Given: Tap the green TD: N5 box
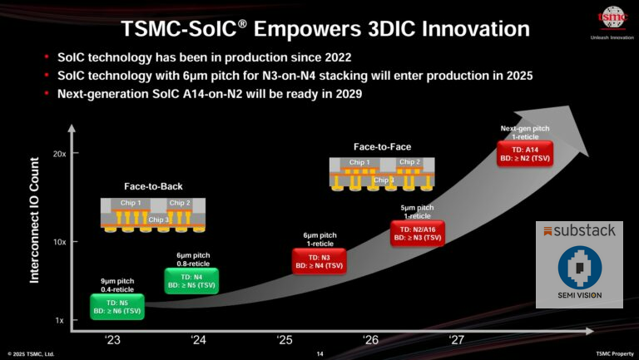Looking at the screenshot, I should pyautogui.click(x=117, y=307).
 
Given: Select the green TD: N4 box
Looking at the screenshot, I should pyautogui.click(x=192, y=281).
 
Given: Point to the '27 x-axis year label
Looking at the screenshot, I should pyautogui.click(x=457, y=338).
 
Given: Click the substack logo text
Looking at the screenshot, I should pyautogui.click(x=582, y=230).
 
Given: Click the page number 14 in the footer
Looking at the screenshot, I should pyautogui.click(x=319, y=354).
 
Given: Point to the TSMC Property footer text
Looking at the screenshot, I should pyautogui.click(x=614, y=354).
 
